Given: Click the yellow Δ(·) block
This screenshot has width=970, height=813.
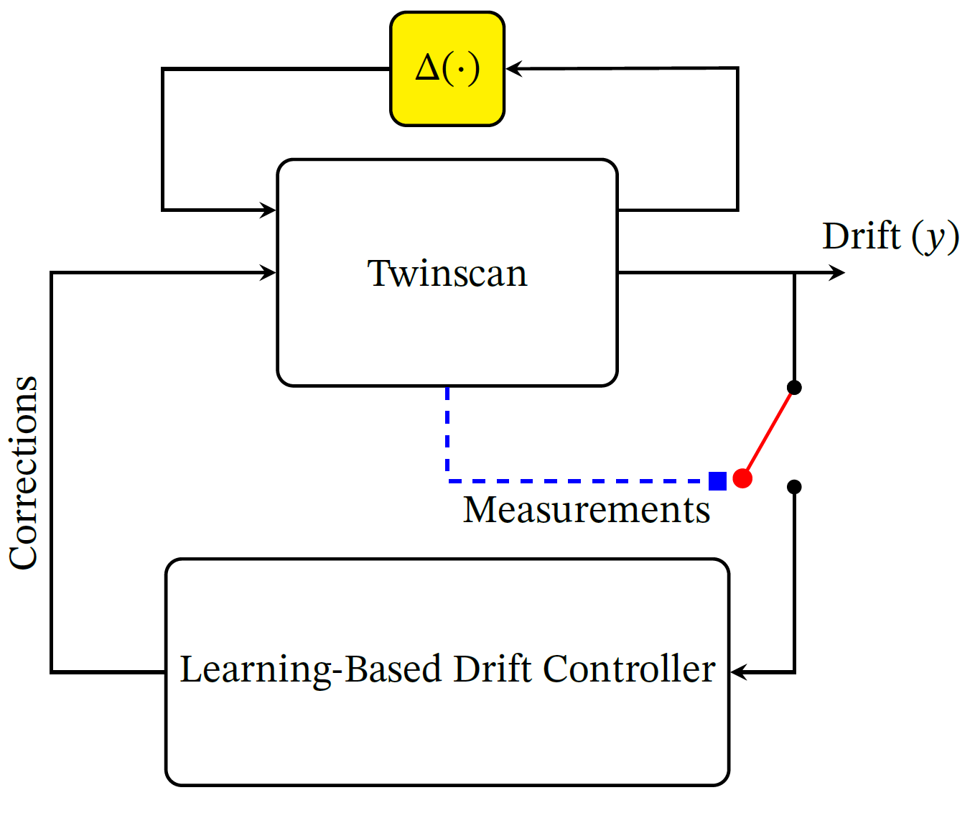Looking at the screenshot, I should pyautogui.click(x=447, y=69).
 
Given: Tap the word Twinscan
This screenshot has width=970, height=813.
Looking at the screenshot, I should pyautogui.click(x=447, y=274).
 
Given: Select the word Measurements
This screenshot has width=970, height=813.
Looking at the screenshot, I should pyautogui.click(x=586, y=510).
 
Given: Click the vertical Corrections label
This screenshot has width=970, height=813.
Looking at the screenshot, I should pyautogui.click(x=24, y=473).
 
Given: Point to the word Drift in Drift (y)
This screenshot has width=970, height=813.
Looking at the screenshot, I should pyautogui.click(x=861, y=236).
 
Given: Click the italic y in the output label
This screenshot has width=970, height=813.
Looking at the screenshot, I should pyautogui.click(x=935, y=238).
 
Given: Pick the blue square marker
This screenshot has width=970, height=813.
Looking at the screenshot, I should pyautogui.click(x=717, y=480).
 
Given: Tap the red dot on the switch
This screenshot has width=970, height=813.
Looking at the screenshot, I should pyautogui.click(x=742, y=478).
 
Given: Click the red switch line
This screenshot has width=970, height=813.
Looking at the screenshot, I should pyautogui.click(x=769, y=432).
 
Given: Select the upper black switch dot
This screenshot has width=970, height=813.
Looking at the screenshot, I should pyautogui.click(x=794, y=388).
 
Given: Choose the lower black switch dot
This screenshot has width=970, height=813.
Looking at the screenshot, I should pyautogui.click(x=794, y=487).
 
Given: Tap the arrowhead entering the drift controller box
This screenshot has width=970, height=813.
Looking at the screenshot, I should pyautogui.click(x=737, y=672).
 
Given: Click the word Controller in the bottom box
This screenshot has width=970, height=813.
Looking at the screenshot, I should pyautogui.click(x=629, y=669).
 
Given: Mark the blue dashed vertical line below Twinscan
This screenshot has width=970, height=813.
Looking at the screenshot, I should pyautogui.click(x=447, y=431).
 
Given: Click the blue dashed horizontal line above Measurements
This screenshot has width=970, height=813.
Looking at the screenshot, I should pyautogui.click(x=574, y=481).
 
